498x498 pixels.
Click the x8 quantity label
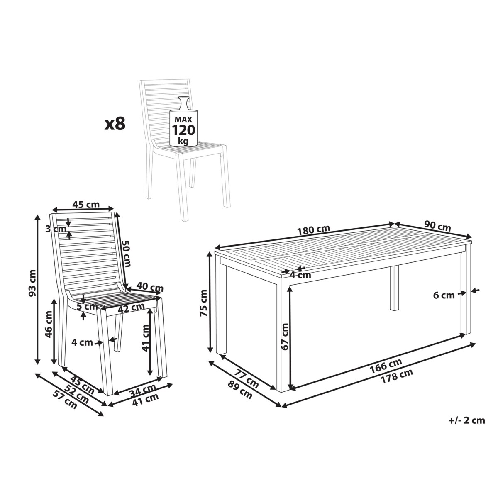115,124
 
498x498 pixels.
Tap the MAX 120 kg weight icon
184,122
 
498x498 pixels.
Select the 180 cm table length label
313,230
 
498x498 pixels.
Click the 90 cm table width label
437,227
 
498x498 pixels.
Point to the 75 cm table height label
203,303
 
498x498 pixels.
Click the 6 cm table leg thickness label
444,295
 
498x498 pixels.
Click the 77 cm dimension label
247,379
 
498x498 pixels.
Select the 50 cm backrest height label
127,253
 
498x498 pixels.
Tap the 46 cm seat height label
49,324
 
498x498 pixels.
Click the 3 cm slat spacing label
56,229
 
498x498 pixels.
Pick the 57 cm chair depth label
65,400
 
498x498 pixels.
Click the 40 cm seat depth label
150,287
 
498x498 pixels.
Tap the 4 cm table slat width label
300,275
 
